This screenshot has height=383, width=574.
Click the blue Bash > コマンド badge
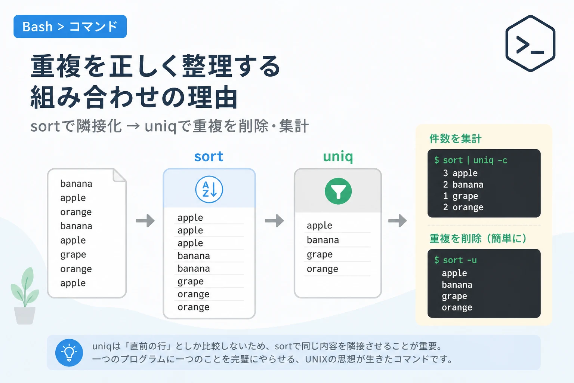point(70,27)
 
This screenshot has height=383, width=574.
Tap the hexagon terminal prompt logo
point(530,43)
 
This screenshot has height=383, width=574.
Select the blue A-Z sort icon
point(209,189)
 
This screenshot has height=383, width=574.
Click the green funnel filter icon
point(338,191)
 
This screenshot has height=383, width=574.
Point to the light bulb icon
point(69,352)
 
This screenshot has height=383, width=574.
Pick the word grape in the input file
point(73,255)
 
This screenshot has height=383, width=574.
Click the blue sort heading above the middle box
point(209,156)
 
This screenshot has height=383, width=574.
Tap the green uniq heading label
point(338,157)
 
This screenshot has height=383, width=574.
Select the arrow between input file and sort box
point(145,221)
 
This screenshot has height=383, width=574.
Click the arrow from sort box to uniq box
point(274,221)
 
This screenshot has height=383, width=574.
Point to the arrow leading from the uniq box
point(398,221)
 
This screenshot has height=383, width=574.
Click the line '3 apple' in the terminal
point(460,174)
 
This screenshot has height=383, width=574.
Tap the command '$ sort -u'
point(456,260)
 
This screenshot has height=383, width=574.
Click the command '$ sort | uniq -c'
point(470,160)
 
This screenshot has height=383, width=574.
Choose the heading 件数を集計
point(456,138)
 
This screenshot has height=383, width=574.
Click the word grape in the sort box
point(190,282)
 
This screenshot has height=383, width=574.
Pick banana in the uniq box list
point(323,240)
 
